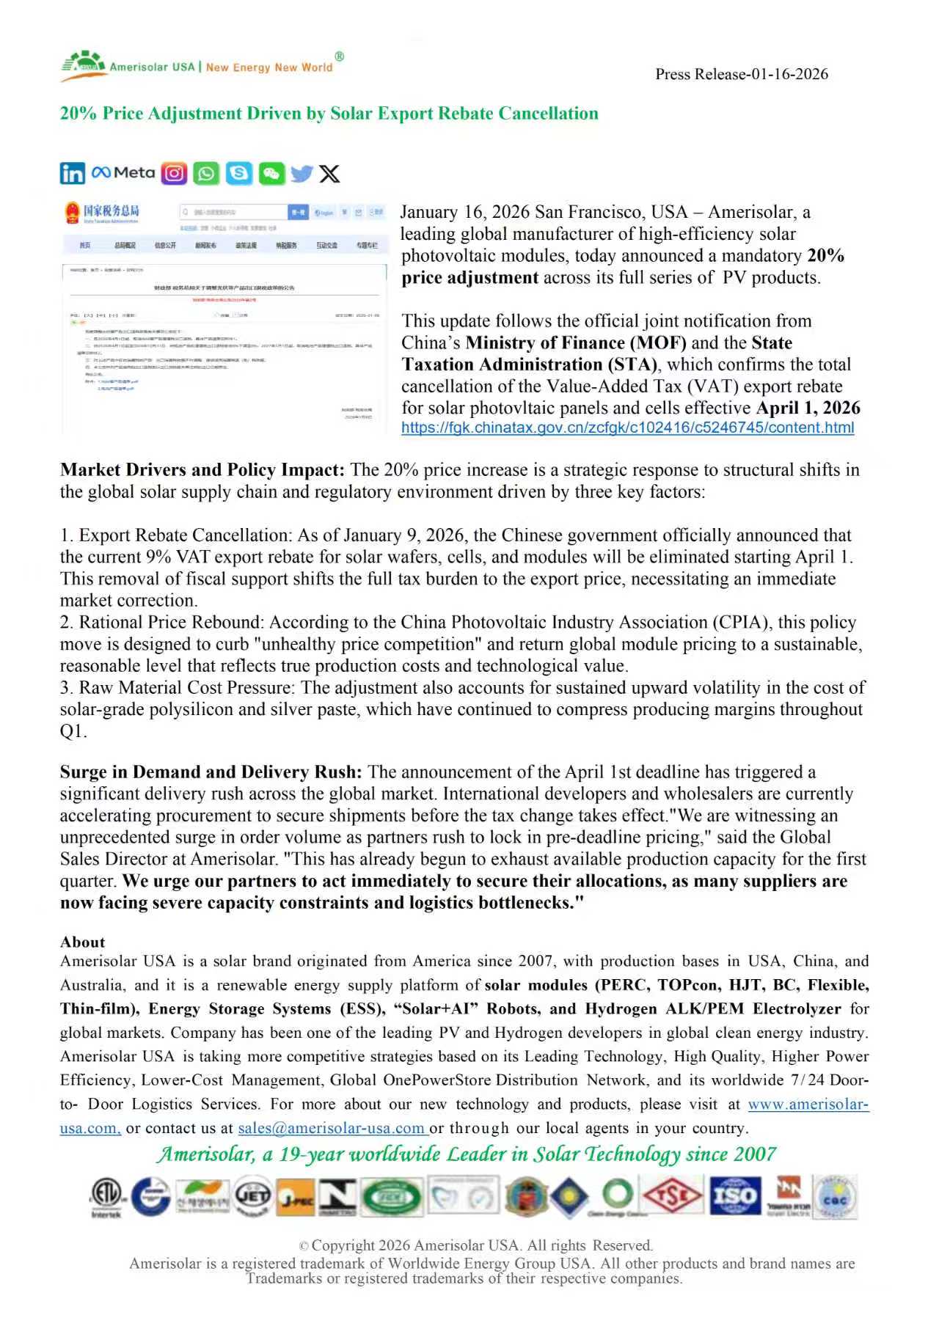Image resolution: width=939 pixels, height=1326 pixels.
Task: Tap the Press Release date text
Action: pos(741,74)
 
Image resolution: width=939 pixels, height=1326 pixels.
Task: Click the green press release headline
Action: pos(329,114)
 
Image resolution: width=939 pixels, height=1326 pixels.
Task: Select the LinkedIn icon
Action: pos(73,174)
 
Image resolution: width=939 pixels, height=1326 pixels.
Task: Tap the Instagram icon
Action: pos(174,174)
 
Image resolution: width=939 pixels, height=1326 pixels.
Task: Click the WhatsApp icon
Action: pos(206,174)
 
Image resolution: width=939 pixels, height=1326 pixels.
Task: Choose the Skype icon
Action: pos(238,174)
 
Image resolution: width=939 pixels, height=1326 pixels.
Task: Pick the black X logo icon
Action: pos(330,174)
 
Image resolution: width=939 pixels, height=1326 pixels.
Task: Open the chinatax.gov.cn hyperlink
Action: pos(627,428)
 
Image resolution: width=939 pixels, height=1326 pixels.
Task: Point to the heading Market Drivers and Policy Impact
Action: pos(202,470)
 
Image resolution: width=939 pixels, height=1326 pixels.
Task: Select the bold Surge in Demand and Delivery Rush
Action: pos(211,772)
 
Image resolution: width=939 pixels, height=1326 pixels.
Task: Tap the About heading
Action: pos(82,942)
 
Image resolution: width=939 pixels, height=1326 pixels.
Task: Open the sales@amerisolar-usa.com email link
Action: pos(332,1129)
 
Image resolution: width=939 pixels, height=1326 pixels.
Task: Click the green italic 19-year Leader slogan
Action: pos(467,1154)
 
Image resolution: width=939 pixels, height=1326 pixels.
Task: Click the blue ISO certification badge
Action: pos(735,1196)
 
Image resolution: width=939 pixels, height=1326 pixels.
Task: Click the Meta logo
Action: pos(123,173)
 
